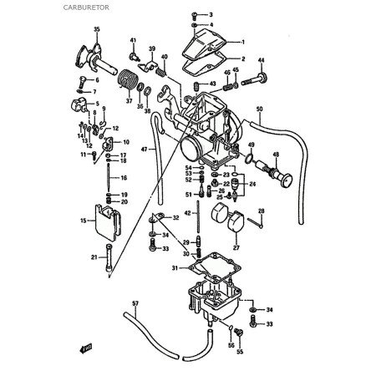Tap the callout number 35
coord(97,30)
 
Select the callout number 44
coord(260,61)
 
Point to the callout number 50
coord(259,109)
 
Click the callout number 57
coord(135,302)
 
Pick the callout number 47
coord(143,149)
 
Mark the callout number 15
coord(83,221)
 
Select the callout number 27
coord(236,247)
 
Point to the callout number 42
coord(188,213)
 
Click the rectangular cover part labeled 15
coord(107,221)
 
